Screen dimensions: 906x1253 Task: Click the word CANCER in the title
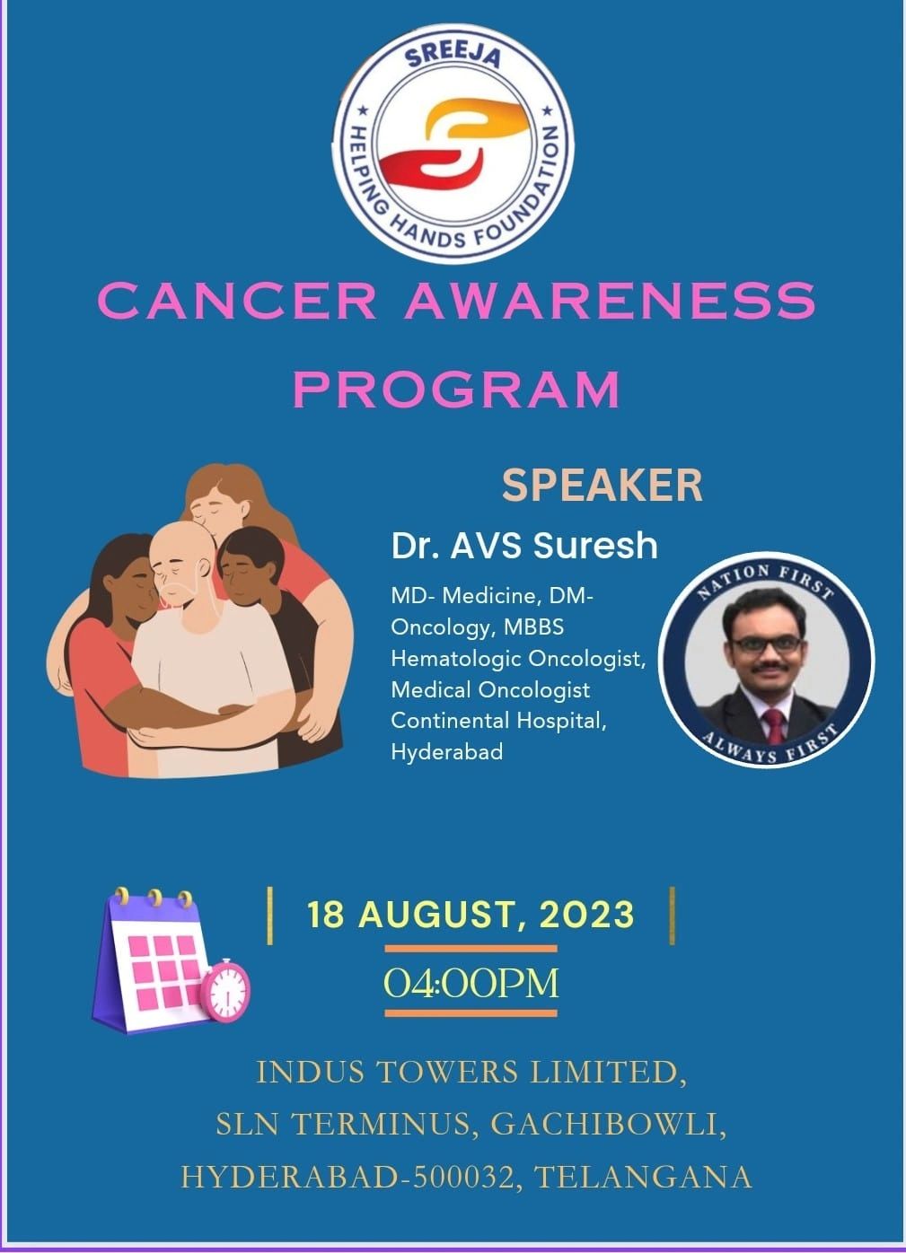237,301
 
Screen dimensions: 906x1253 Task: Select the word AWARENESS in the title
610,301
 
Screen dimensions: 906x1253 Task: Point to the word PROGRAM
457,389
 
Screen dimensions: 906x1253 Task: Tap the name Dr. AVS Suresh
524,546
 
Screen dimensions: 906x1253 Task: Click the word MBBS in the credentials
533,627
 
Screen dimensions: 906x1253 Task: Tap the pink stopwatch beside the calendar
225,989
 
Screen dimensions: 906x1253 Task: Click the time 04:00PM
471,983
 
